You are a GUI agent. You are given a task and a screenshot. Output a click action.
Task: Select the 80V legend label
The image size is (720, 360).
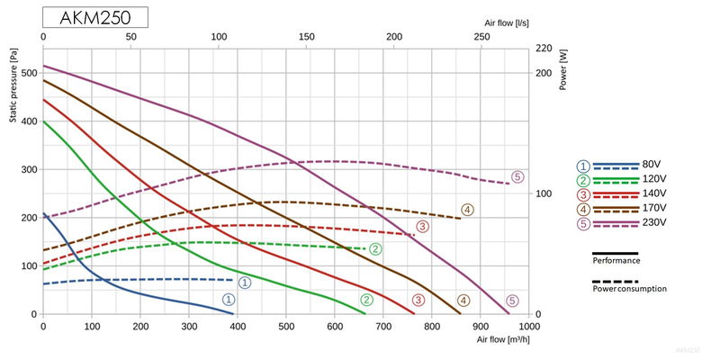pos(652,165)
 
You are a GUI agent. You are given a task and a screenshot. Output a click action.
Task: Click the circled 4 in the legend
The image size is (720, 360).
pos(584,209)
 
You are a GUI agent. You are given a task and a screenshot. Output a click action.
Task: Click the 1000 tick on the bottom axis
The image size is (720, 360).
pos(529,327)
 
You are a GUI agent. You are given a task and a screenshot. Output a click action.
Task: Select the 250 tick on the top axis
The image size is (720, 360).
pos(481,37)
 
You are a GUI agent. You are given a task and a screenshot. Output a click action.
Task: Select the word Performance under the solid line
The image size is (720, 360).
pos(616,260)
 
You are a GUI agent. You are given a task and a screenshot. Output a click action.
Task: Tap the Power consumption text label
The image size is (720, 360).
pos(629,289)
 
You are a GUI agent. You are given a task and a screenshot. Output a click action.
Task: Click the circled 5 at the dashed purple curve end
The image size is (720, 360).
pos(517,177)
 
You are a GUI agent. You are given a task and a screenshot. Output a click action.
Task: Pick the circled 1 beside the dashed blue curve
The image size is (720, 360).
pos(244,282)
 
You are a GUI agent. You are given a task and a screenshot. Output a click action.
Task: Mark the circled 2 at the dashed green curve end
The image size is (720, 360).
pos(376,248)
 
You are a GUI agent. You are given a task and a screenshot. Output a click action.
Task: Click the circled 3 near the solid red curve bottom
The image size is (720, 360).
pos(418,300)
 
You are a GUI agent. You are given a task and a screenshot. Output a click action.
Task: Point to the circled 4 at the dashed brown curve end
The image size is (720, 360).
pos(467,210)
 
